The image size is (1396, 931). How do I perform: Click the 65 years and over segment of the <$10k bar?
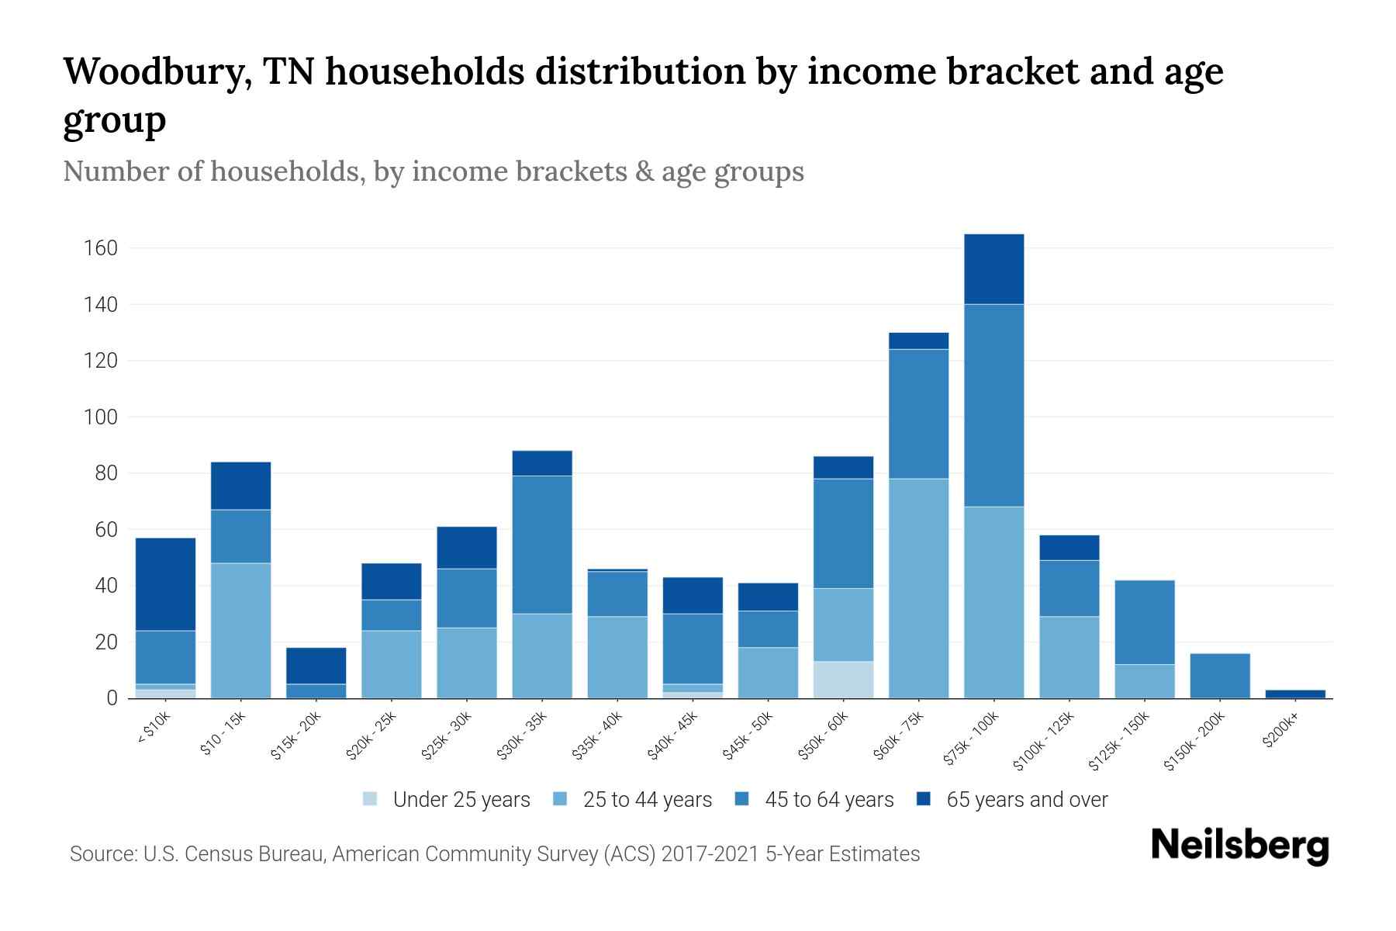(165, 584)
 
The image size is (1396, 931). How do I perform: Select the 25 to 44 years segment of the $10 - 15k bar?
(240, 630)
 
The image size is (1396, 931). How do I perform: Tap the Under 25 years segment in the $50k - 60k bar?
(843, 680)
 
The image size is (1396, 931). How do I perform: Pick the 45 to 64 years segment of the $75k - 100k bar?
(993, 405)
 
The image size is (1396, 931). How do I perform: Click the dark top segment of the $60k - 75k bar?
(918, 341)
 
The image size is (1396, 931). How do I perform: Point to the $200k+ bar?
(1294, 694)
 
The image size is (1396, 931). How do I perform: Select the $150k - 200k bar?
(1219, 676)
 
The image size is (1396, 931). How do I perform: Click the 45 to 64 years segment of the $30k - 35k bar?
(542, 545)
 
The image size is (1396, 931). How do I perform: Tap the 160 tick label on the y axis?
(101, 248)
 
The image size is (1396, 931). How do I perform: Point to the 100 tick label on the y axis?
(101, 417)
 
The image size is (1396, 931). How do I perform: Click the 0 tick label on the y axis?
(112, 698)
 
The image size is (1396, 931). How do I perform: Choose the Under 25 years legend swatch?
(371, 799)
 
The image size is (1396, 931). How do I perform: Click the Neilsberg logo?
(1239, 846)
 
